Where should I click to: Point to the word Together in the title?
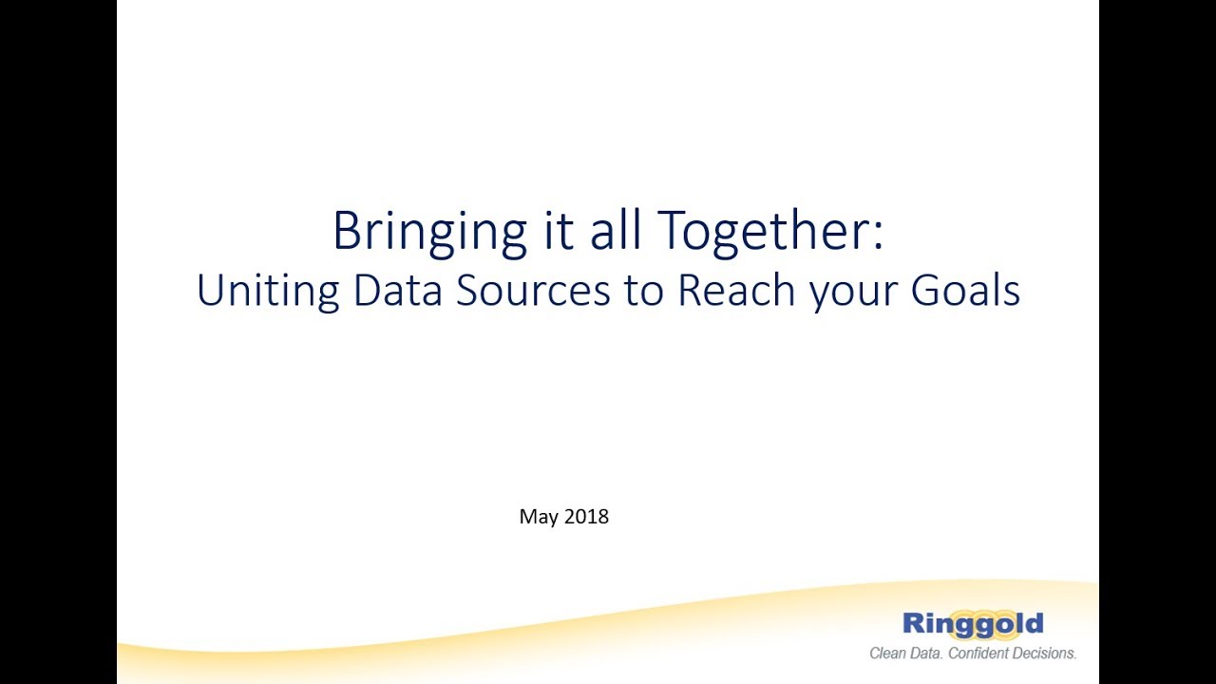coord(760,231)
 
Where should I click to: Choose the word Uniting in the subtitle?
coord(267,291)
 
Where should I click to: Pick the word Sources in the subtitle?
coord(533,291)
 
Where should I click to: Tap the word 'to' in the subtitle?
coord(643,291)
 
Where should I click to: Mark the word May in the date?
coord(538,518)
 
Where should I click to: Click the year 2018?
coord(586,517)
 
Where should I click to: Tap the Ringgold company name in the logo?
coord(972,624)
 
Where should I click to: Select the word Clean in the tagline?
coord(890,654)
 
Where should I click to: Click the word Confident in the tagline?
coord(991,654)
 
